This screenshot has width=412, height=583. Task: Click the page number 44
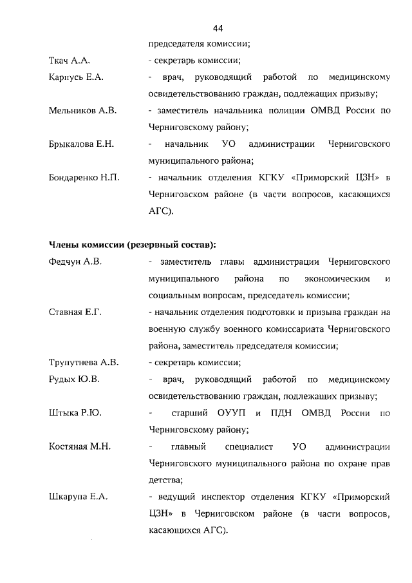pyautogui.click(x=218, y=28)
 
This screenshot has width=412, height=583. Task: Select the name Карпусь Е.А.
pyautogui.click(x=76, y=78)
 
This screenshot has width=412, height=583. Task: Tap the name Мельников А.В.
pyautogui.click(x=82, y=111)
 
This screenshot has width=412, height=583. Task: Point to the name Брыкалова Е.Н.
pyautogui.click(x=81, y=144)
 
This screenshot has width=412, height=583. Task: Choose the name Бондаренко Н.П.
pyautogui.click(x=84, y=177)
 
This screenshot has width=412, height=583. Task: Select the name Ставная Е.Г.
pyautogui.click(x=75, y=312)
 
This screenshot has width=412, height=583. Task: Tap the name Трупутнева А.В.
pyautogui.click(x=84, y=362)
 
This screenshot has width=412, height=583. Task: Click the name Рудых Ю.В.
pyautogui.click(x=74, y=379)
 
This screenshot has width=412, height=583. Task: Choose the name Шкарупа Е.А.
pyautogui.click(x=78, y=496)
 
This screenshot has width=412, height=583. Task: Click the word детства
pyautogui.click(x=165, y=479)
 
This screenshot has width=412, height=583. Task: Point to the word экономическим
pyautogui.click(x=335, y=279)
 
